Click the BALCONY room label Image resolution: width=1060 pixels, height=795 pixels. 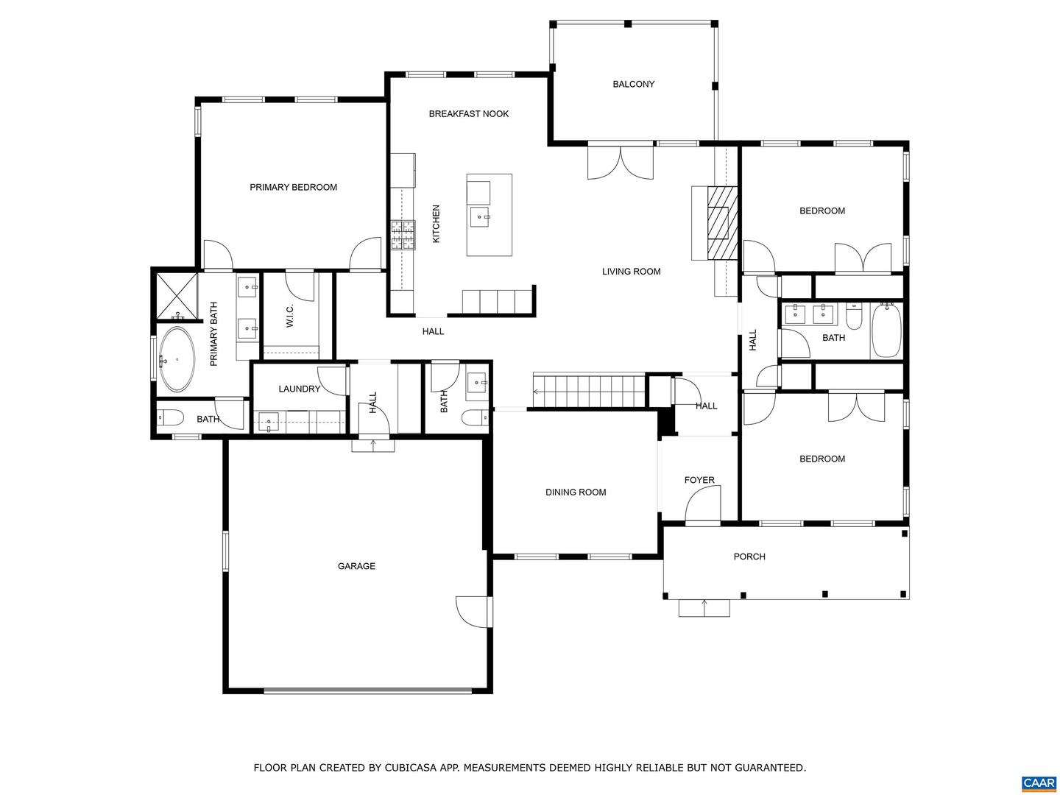click(x=633, y=84)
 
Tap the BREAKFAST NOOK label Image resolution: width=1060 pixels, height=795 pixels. click(x=468, y=113)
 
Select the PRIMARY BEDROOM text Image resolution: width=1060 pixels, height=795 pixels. click(x=293, y=187)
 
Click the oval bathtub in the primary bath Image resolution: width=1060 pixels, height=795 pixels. click(x=177, y=359)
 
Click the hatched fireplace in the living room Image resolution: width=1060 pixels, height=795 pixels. click(x=721, y=223)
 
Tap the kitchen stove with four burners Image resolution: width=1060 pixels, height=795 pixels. click(x=403, y=236)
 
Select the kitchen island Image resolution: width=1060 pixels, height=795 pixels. click(x=489, y=215)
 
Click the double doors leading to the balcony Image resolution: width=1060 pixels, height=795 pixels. click(x=620, y=162)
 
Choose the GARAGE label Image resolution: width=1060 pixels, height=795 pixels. click(x=356, y=566)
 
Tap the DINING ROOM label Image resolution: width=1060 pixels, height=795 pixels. click(x=576, y=492)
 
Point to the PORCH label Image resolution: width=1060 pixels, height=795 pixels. click(x=749, y=556)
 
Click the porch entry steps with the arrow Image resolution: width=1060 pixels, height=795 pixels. click(x=704, y=607)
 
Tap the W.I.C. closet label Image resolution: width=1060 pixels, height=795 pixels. click(x=290, y=316)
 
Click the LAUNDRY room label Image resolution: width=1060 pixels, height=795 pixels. click(x=299, y=389)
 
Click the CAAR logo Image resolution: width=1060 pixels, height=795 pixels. click(x=1038, y=782)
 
